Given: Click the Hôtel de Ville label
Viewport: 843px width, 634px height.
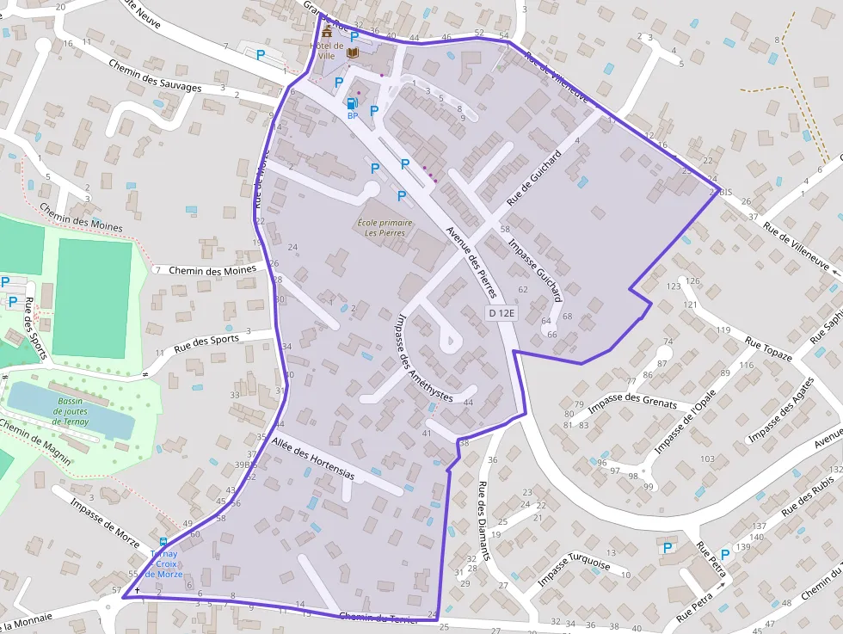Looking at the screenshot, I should point(327,51).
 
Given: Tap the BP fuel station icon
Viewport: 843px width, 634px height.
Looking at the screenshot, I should point(352,104).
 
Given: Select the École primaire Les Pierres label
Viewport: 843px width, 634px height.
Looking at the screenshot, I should point(384,228).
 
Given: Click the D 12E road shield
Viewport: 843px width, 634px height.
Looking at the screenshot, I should point(501,313).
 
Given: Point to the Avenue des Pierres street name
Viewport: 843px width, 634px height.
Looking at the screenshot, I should point(471,262).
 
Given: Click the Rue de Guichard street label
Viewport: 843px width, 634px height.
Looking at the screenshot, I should point(534,178).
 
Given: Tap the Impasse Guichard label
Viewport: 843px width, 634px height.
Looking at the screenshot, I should point(535,269).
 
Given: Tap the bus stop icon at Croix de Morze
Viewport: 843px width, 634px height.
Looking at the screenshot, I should point(163,542).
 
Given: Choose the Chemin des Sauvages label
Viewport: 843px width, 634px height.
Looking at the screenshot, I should point(155,76).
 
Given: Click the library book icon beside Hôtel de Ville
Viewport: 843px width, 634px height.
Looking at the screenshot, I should point(353,52).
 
